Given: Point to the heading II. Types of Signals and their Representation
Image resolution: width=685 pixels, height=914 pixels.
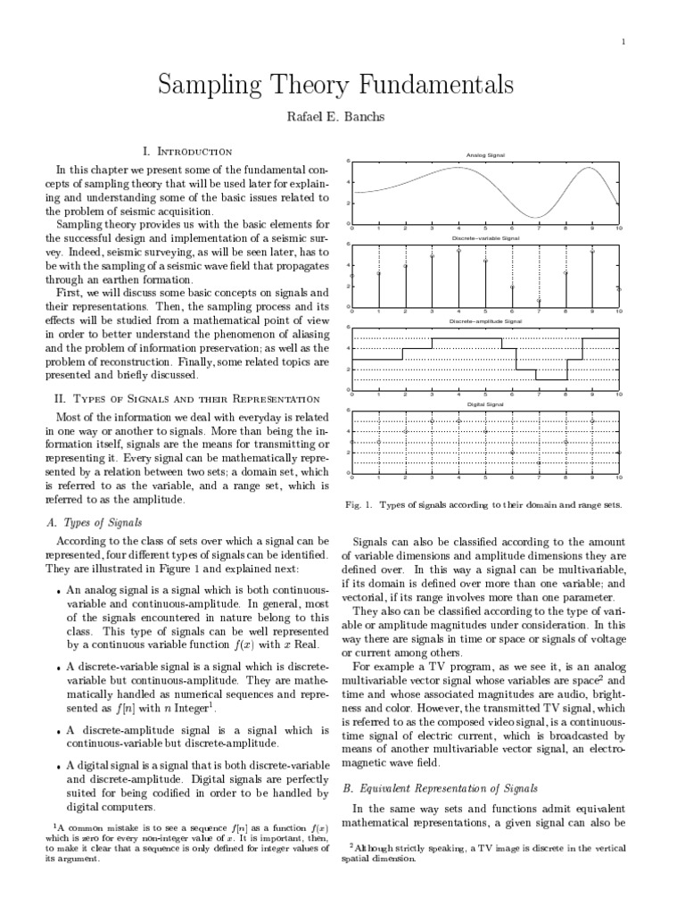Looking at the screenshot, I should click(186, 398).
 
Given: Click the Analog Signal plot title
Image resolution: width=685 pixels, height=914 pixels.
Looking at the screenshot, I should click(485, 155).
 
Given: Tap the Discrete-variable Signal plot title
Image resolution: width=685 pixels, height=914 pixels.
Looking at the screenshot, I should click(485, 239).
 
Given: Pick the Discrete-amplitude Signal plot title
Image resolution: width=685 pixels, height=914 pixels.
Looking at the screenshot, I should click(485, 320).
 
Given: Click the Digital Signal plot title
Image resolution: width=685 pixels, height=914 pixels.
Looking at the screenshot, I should click(485, 404).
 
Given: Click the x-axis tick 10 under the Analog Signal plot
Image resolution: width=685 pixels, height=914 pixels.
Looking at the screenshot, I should click(619, 229).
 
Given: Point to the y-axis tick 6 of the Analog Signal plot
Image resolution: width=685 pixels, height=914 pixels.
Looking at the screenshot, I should click(348, 161).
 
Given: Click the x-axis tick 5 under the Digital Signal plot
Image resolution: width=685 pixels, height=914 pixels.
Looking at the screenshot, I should click(485, 479).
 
